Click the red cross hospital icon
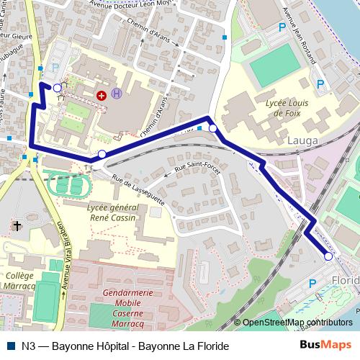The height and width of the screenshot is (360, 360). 102,94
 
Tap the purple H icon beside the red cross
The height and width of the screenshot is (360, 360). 117,94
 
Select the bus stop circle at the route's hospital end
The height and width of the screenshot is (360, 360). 57,87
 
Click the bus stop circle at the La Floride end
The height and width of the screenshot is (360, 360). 328,256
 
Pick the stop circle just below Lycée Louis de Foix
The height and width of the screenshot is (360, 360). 213,128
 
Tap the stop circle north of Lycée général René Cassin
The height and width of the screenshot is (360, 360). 102,154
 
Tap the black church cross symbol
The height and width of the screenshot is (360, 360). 17,227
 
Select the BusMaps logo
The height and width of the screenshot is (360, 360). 330,346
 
